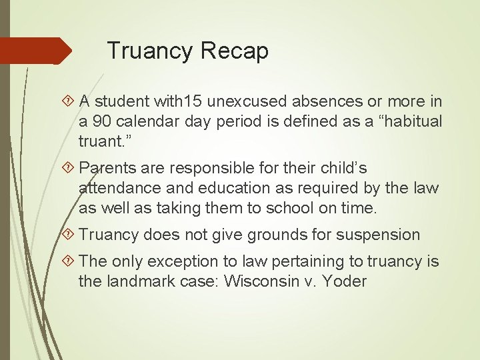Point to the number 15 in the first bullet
[193, 102]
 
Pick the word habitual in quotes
[406, 122]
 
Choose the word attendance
[121, 189]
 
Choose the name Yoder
[344, 281]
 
